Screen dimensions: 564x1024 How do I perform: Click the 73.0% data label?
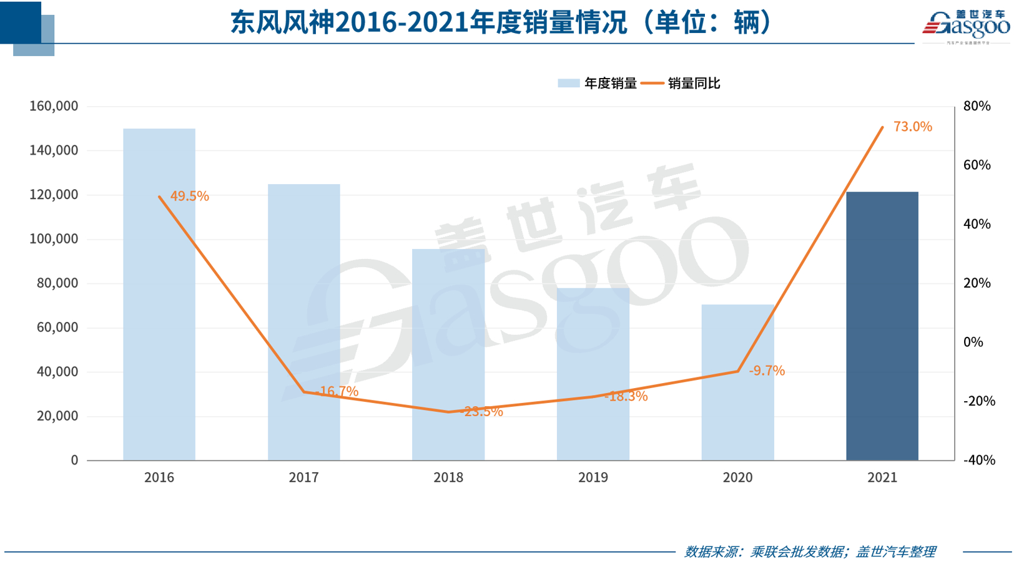[912, 127]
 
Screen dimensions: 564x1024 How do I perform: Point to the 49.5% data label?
[189, 196]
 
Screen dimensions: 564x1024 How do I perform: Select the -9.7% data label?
[767, 371]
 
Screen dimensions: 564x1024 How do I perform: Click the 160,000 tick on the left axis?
[54, 106]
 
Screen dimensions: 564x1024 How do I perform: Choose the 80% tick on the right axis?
[977, 106]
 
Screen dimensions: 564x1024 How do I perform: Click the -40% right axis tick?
[979, 460]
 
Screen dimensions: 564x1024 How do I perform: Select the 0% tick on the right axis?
[973, 342]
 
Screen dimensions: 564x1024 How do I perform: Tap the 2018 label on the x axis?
[448, 477]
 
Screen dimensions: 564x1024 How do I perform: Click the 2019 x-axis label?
[593, 477]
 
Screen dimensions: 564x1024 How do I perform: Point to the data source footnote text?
[810, 552]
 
